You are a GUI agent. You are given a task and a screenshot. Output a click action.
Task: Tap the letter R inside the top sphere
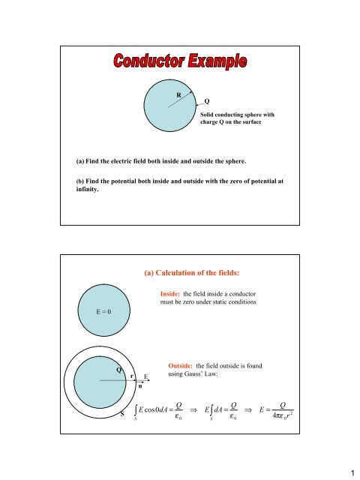point(178,95)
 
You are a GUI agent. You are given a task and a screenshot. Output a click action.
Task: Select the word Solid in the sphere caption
point(209,114)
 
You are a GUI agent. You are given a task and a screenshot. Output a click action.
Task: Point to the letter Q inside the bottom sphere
point(118,370)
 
